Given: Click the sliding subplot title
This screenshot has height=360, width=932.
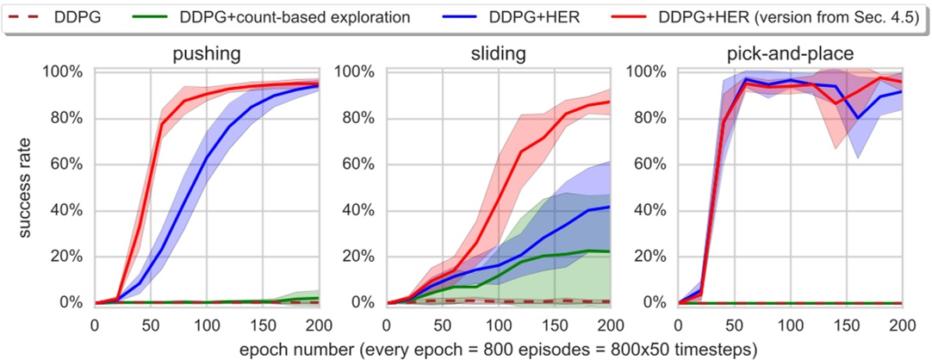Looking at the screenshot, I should pyautogui.click(x=497, y=54).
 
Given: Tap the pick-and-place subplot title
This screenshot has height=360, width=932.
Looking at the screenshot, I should pyautogui.click(x=790, y=54).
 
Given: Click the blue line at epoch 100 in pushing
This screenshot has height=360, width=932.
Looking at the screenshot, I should pyautogui.click(x=206, y=159).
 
